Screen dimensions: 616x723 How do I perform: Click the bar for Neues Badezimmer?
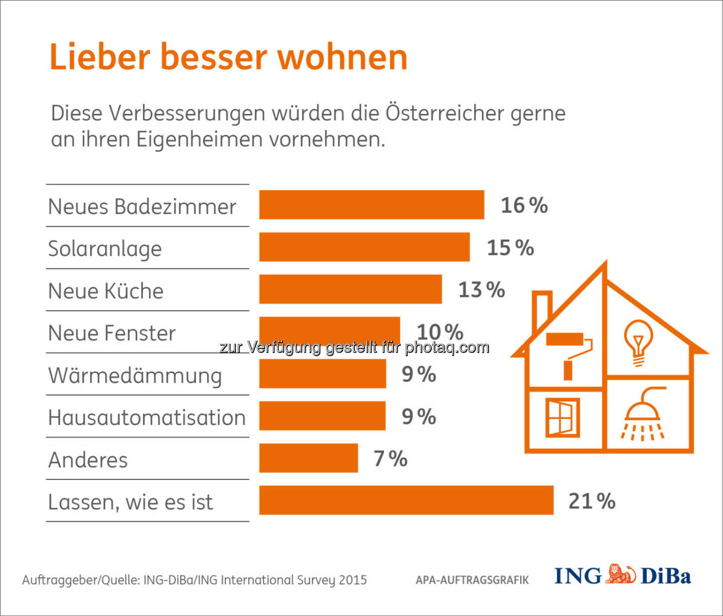(372, 205)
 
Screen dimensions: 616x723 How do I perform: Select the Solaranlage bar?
(365, 247)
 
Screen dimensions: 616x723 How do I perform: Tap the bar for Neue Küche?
(350, 289)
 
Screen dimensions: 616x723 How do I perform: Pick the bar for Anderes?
(308, 458)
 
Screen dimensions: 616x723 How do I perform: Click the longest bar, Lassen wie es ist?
(406, 500)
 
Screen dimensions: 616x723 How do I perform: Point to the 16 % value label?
(524, 205)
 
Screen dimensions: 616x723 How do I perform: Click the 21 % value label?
(591, 501)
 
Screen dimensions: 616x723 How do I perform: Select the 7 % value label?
(390, 458)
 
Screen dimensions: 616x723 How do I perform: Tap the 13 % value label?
(481, 290)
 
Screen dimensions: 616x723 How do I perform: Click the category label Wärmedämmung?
(135, 376)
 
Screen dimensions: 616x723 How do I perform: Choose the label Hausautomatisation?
(147, 418)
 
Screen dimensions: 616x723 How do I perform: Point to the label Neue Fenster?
(112, 333)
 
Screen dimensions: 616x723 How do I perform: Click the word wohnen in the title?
(342, 57)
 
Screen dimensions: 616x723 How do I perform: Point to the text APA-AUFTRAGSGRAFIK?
(472, 580)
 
